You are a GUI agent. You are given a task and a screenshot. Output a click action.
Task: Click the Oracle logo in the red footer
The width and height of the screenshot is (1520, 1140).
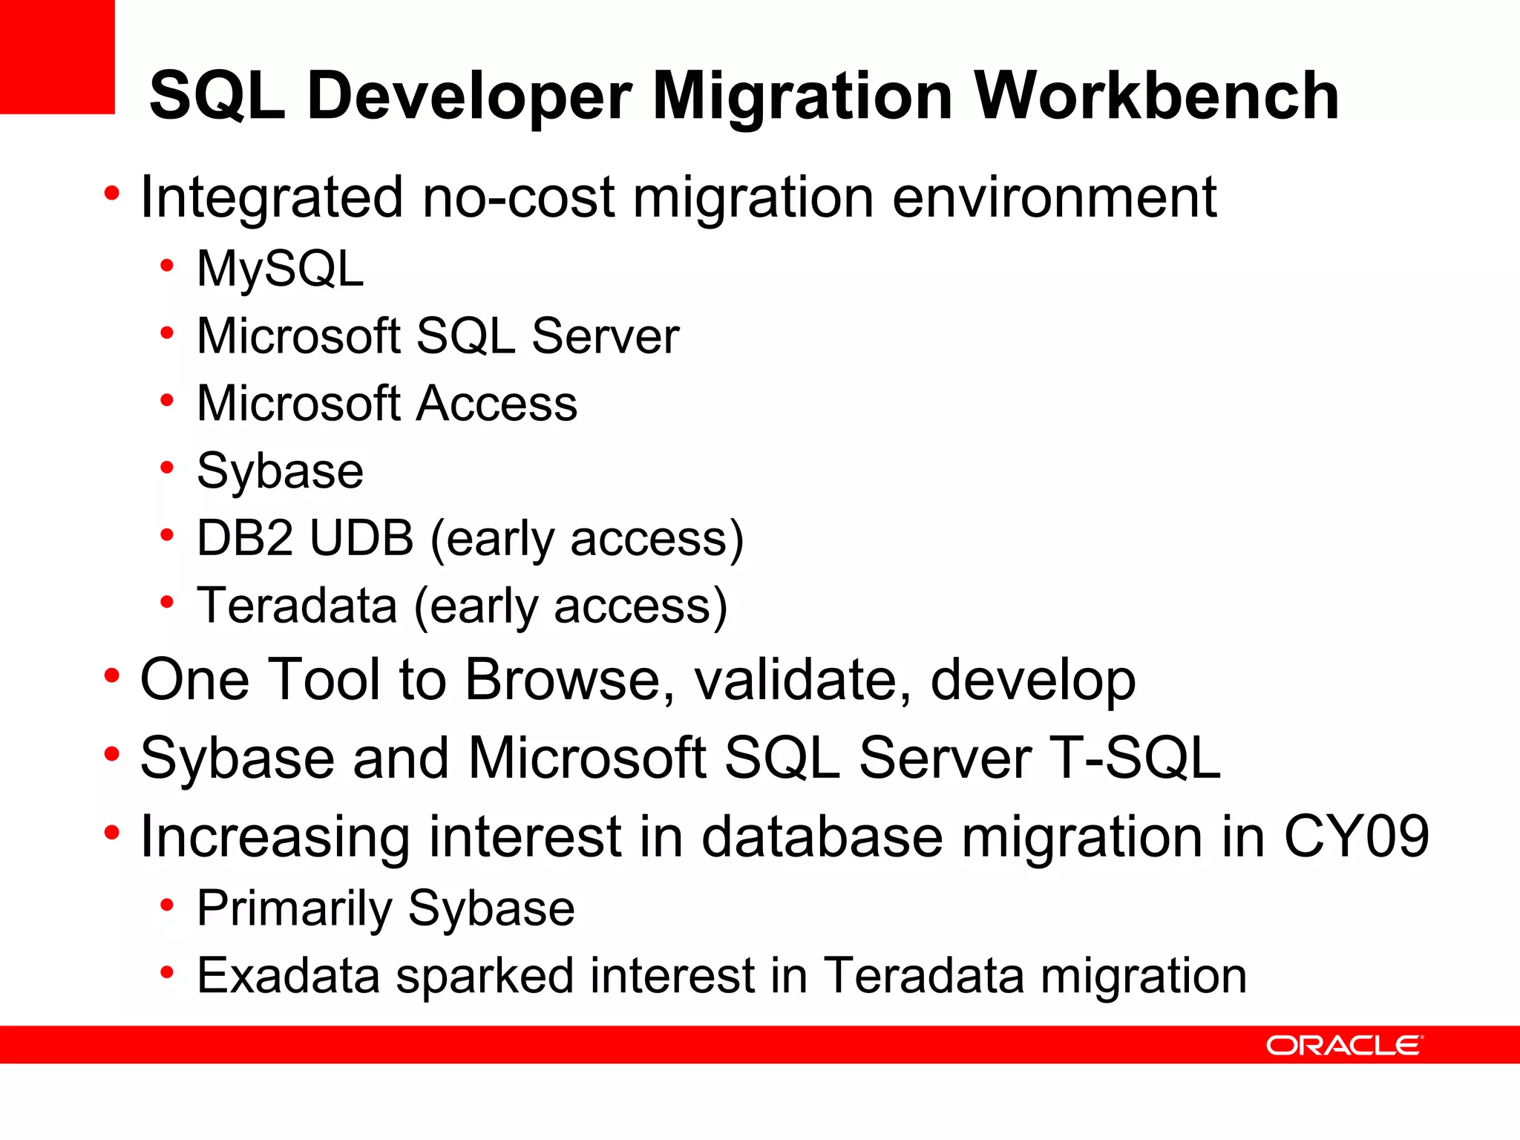pos(1343,1045)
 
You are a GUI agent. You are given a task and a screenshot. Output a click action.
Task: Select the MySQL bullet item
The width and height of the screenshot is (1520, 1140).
pos(280,268)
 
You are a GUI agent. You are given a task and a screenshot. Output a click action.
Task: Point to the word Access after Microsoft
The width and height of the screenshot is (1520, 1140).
pos(497,404)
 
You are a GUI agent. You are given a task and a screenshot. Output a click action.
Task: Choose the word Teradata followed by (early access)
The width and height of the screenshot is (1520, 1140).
pos(297,606)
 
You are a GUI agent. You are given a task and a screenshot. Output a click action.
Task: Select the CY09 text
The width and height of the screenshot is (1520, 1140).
pos(1356,836)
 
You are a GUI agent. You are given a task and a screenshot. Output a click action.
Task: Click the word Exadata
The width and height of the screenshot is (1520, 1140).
pos(288,975)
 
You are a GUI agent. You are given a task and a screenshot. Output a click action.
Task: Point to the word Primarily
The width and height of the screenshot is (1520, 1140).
pos(294,908)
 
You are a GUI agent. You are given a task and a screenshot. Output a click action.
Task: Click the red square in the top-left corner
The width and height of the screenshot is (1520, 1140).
pos(57,56)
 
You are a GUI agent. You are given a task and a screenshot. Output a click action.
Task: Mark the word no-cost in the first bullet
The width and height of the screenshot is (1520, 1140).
pos(518,197)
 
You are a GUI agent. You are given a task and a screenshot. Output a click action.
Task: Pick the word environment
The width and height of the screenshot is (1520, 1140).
pos(1054,197)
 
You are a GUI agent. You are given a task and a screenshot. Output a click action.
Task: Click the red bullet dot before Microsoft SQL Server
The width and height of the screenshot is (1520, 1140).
pos(167,333)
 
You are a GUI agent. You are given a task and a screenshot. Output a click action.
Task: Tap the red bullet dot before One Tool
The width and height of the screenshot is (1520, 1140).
pos(111,676)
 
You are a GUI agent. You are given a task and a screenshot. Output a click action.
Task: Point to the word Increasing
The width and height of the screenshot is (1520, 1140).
pos(275,836)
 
